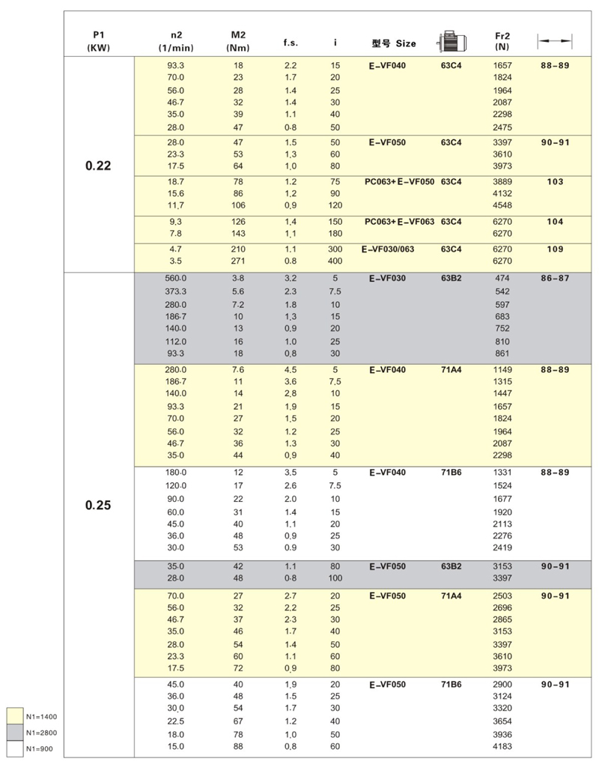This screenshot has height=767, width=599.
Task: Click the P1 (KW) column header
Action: click(98, 42)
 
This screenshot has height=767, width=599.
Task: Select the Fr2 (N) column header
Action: click(502, 42)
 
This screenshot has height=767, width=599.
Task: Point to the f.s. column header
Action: click(291, 43)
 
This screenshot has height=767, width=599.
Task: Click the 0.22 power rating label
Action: click(98, 166)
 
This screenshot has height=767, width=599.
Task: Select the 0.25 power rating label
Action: click(98, 505)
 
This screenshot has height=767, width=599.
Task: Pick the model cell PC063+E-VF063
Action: click(400, 222)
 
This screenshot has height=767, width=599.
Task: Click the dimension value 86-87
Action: click(555, 277)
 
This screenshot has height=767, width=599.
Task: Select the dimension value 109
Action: click(555, 248)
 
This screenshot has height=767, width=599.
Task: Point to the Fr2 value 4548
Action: click(502, 205)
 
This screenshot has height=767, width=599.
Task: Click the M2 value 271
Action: click(238, 261)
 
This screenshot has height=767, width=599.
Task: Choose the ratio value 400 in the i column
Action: click(335, 261)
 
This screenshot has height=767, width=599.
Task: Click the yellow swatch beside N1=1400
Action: click(14, 717)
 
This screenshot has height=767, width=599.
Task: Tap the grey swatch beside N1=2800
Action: click(14, 732)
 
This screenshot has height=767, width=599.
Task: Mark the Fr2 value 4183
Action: click(502, 747)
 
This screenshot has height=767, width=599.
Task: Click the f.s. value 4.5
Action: click(291, 369)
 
